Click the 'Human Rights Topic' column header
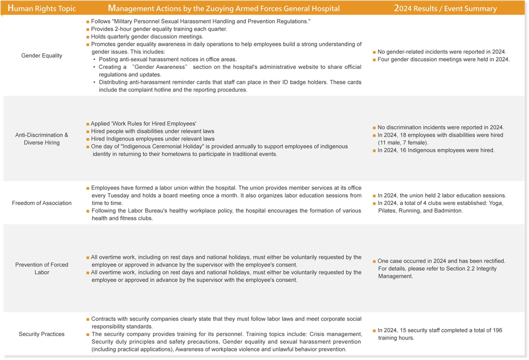42,8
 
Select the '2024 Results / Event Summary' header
445,8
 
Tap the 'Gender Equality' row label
42,55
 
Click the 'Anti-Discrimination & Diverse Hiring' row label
42,139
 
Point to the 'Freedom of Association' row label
42,203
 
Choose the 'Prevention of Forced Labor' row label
42,268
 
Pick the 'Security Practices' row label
42,334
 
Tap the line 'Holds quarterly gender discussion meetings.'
147,37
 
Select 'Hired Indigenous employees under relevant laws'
152,139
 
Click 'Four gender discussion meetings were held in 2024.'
443,59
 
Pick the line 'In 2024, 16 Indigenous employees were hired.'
436,150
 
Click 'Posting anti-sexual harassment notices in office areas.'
168,59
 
